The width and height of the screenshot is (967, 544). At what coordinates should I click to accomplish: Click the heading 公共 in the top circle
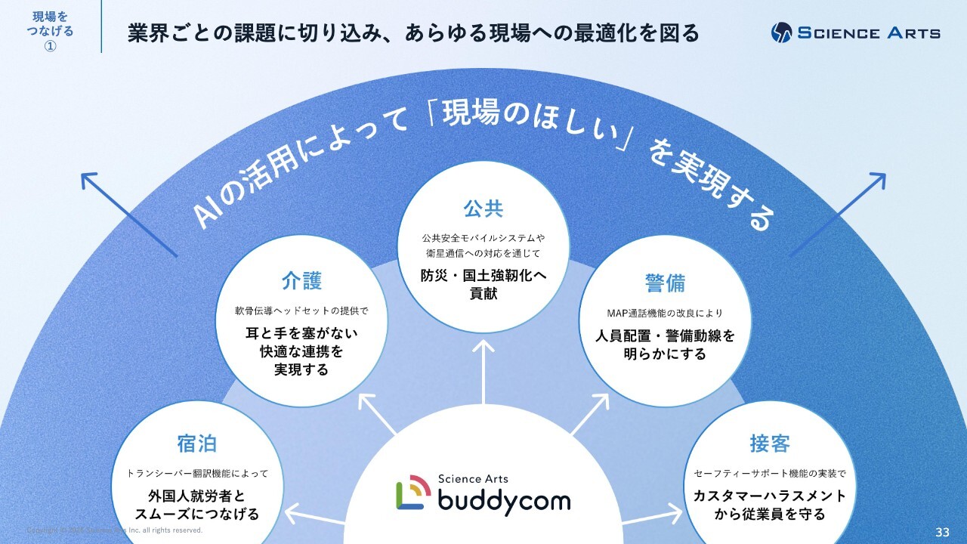pos(483,208)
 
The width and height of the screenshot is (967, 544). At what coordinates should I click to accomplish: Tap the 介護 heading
pos(302,281)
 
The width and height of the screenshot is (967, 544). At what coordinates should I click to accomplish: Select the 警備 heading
pos(665,283)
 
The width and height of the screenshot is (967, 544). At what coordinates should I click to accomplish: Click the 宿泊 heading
pos(196,444)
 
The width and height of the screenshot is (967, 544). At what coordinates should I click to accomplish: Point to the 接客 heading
pos(770,444)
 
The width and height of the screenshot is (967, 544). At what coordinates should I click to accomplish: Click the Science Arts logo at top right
pos(855,32)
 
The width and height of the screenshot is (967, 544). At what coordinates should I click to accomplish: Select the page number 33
pos(942,532)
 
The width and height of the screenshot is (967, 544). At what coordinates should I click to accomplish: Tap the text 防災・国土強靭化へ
pos(483,277)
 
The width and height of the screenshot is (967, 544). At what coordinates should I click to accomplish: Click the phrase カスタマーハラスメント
pos(770,496)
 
